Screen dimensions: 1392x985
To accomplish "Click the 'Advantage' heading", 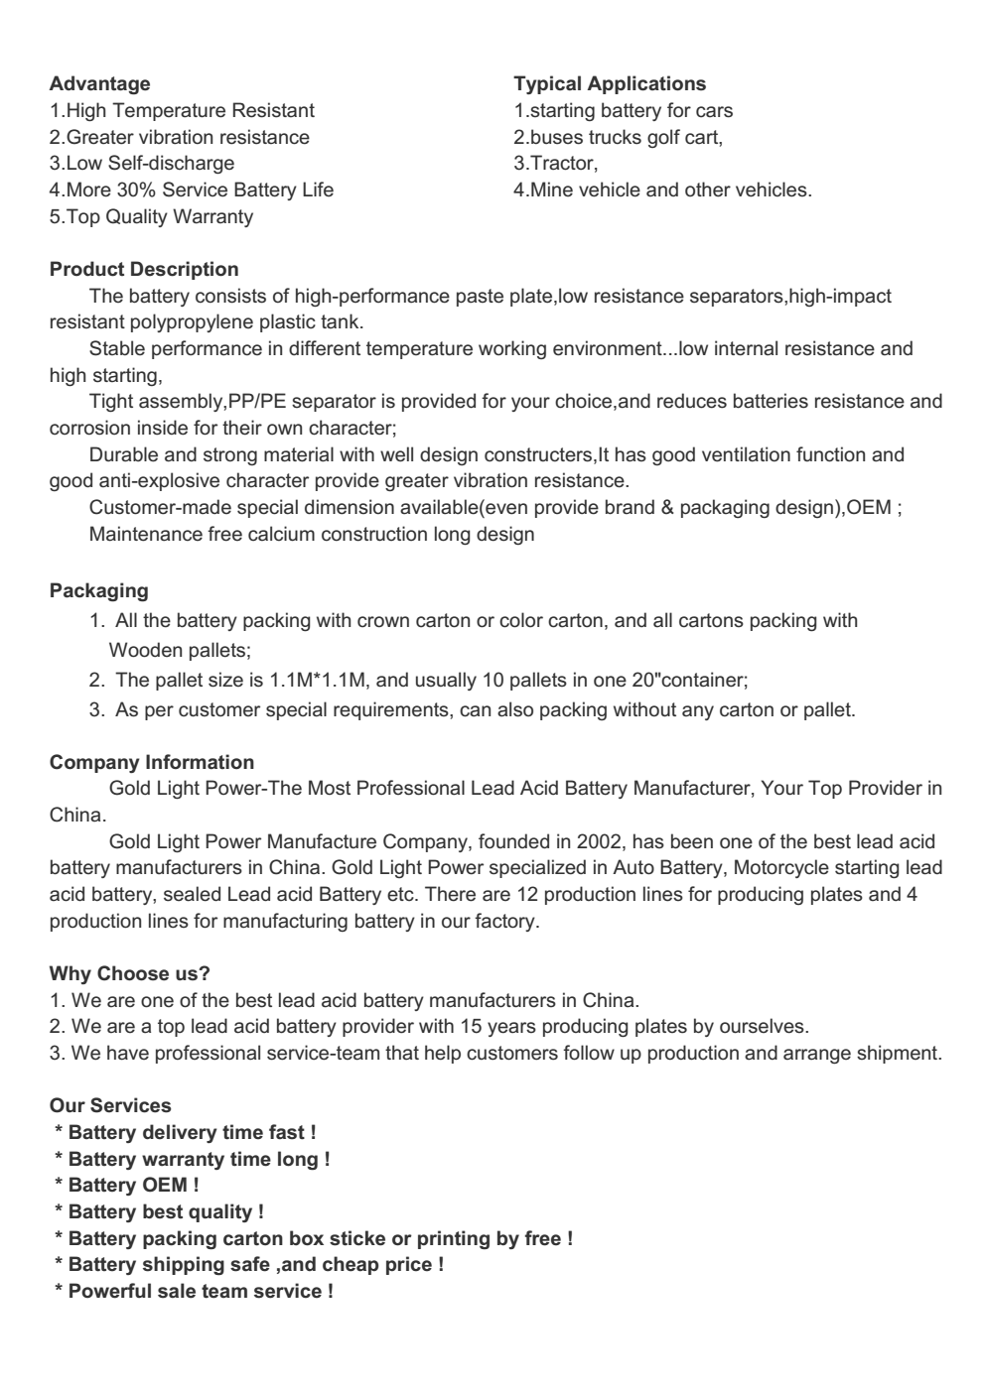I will coord(100,84).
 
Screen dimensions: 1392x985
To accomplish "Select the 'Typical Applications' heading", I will coord(610,84).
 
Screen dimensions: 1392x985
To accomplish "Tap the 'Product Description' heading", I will coord(144,270).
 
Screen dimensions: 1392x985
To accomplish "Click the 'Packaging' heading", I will coord(98,591).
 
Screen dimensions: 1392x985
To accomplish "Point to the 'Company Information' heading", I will coord(152,763).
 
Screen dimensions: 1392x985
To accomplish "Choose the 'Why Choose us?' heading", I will coord(130,973).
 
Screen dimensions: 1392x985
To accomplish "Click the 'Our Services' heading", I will coord(110,1106).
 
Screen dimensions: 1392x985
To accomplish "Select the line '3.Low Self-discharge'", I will coord(142,164).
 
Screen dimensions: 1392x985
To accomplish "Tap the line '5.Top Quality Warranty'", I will coord(151,216).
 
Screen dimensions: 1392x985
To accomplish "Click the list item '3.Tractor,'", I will coord(556,164).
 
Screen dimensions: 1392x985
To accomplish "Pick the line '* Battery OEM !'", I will coord(126,1186).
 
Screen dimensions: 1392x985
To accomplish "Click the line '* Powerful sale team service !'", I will coord(194,1292).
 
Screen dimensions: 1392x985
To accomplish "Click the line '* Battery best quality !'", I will coord(159,1212).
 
